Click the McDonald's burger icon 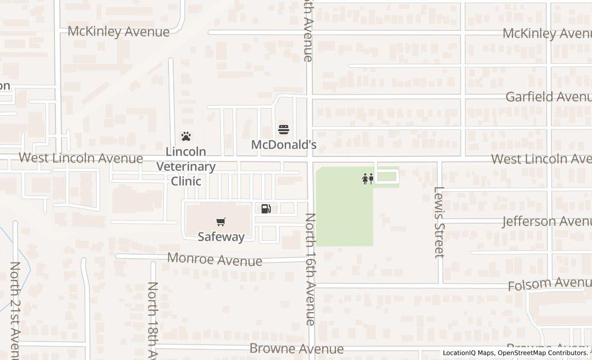click(x=283, y=129)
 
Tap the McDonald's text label click(x=284, y=145)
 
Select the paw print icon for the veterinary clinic click(x=186, y=136)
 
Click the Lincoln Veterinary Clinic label click(x=186, y=166)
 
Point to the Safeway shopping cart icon click(x=221, y=222)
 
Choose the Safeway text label click(x=221, y=237)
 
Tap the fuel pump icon click(x=266, y=208)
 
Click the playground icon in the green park click(x=367, y=179)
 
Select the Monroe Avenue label click(x=215, y=259)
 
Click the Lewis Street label click(x=438, y=222)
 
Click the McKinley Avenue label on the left click(x=119, y=32)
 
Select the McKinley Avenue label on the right click(x=547, y=33)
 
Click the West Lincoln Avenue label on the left click(x=81, y=158)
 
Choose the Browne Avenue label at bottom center click(x=297, y=349)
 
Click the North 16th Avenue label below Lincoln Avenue click(x=310, y=269)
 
